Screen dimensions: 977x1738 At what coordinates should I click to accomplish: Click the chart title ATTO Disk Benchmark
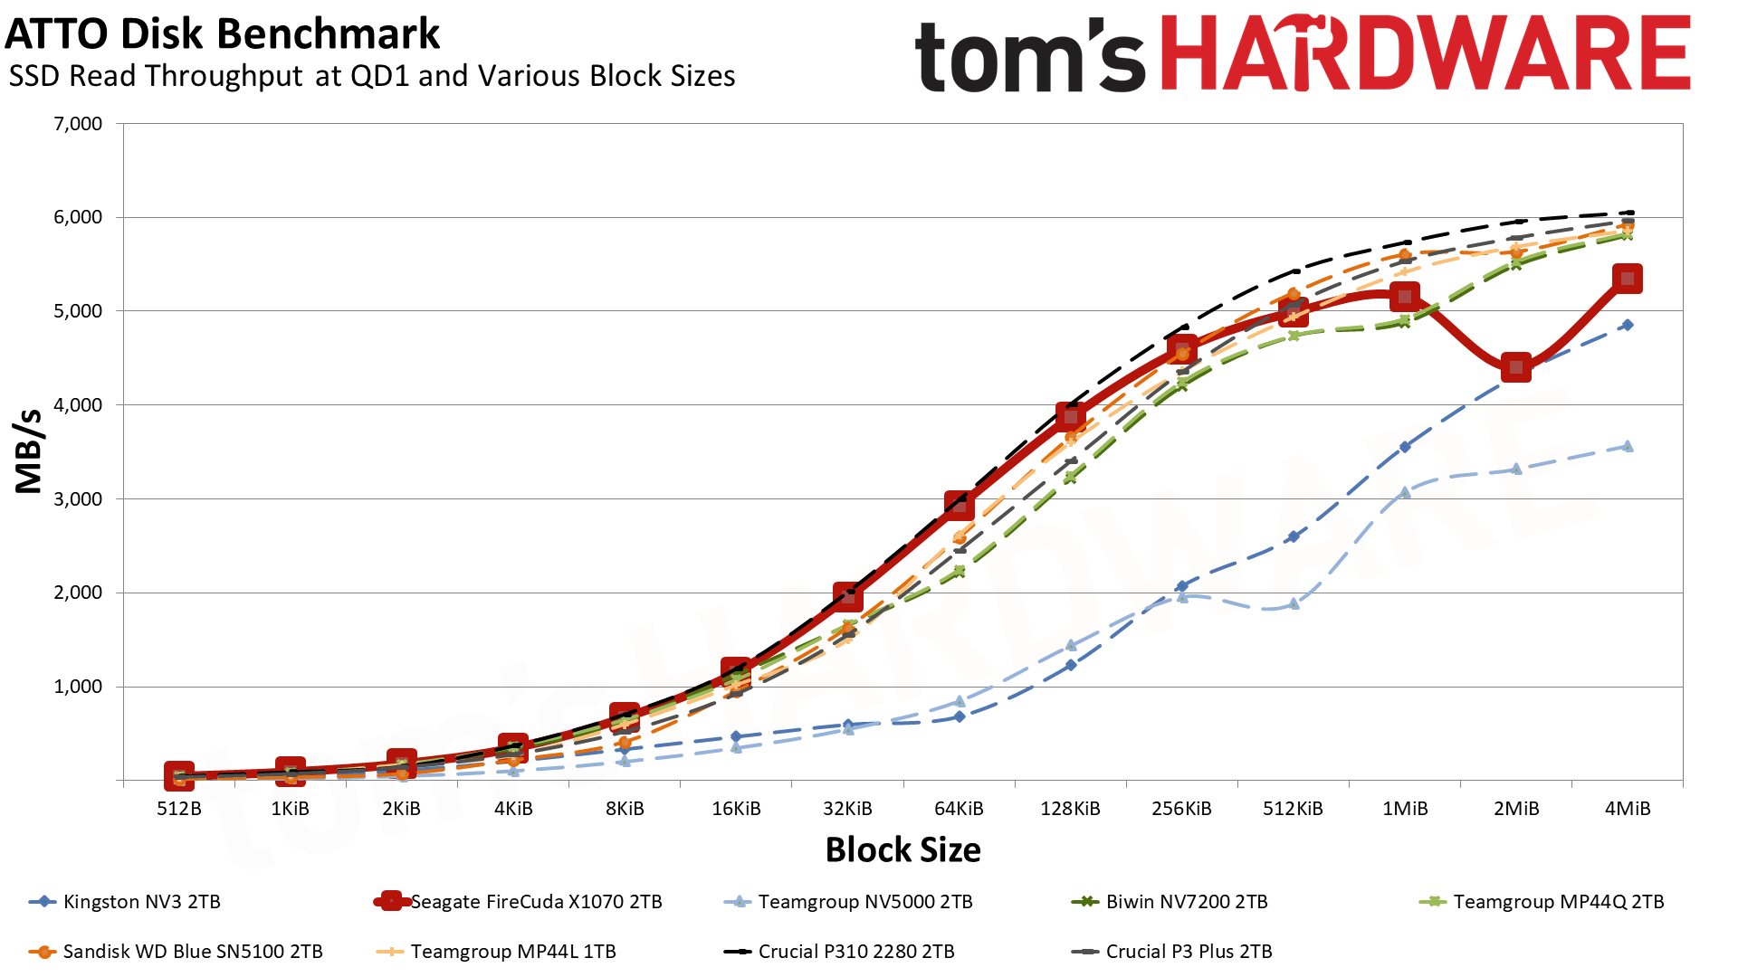pos(223,34)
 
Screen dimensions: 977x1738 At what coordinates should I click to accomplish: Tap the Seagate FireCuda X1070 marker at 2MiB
pos(1515,368)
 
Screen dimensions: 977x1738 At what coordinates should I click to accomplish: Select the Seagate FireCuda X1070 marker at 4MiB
pos(1627,279)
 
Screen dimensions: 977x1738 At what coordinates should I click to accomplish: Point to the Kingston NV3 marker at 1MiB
pos(1404,447)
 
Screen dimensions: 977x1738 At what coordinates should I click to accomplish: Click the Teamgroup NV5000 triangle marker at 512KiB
pos(1294,603)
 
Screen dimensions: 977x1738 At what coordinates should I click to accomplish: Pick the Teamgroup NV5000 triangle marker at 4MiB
pos(1627,446)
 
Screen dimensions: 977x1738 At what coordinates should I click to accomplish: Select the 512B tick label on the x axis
pos(179,809)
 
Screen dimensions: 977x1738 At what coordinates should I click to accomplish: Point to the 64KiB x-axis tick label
pos(959,809)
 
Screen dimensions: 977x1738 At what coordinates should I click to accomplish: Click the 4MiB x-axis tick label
pos(1627,809)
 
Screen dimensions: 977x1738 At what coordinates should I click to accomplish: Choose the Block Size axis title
pos(902,850)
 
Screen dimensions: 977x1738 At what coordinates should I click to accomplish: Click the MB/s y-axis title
pos(29,451)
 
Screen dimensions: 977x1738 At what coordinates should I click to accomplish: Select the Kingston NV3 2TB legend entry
pos(141,902)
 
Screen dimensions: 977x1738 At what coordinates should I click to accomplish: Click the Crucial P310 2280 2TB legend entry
pos(855,952)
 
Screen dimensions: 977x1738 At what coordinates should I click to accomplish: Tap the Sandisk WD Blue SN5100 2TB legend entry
pos(192,952)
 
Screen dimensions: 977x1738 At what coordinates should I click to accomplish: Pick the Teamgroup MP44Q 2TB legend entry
pos(1558,902)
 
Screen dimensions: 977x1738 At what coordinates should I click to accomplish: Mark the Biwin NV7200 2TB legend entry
pos(1186,902)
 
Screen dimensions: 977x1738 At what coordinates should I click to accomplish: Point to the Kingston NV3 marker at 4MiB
pos(1627,325)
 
